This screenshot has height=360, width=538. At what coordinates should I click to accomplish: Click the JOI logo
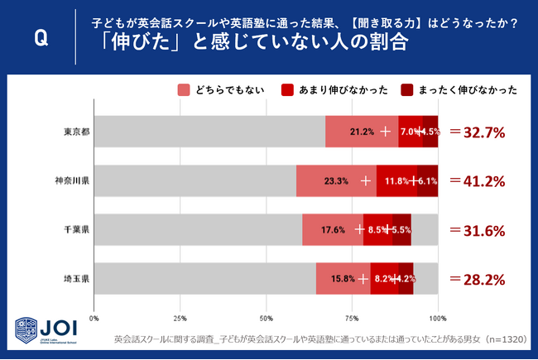[46, 330]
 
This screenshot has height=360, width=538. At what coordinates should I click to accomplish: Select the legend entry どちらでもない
[225, 90]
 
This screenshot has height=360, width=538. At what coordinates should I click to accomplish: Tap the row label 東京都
[76, 132]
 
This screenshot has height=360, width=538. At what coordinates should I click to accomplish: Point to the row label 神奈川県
[72, 181]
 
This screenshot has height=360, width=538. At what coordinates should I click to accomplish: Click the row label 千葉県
[76, 230]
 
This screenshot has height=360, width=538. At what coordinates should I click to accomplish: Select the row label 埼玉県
[76, 279]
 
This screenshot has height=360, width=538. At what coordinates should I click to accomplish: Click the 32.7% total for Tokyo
[477, 132]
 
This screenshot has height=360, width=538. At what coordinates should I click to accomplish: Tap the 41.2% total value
[477, 181]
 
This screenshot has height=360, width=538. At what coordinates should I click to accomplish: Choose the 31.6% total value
[477, 230]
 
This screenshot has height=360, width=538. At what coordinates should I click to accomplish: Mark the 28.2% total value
[477, 279]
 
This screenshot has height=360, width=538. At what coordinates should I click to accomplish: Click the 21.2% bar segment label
[363, 132]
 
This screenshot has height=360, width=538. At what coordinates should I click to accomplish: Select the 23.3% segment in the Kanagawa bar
[335, 181]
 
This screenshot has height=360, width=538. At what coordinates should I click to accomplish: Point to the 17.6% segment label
[333, 230]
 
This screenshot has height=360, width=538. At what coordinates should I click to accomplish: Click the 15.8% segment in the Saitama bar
[343, 279]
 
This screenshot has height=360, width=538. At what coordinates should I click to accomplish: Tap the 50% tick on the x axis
[267, 318]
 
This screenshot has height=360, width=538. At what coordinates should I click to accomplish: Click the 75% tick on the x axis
[352, 318]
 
